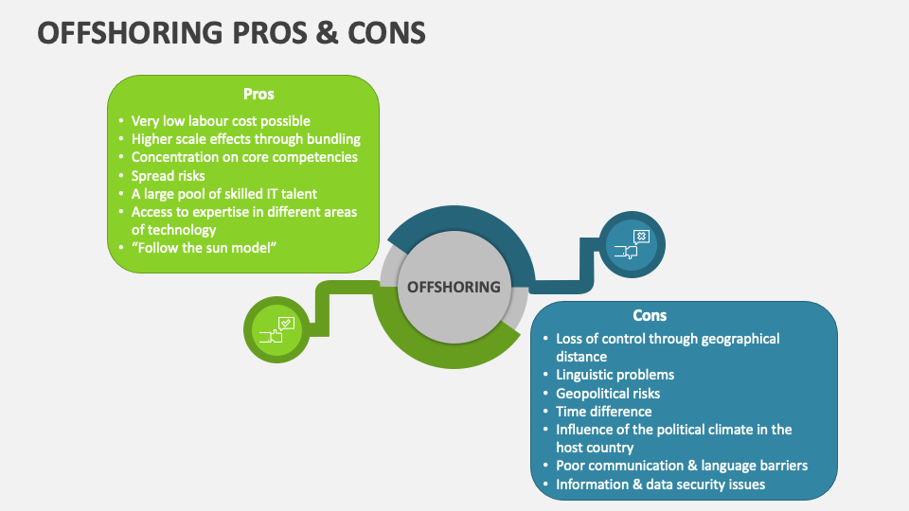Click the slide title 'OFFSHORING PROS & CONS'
(x=232, y=32)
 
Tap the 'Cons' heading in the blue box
(x=650, y=315)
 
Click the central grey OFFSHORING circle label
(x=454, y=287)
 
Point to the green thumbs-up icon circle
(x=276, y=329)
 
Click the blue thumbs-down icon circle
(x=632, y=244)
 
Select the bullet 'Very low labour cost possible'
(x=221, y=121)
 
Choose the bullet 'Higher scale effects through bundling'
(x=245, y=139)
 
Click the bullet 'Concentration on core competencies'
(x=244, y=157)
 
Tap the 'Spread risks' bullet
(x=168, y=175)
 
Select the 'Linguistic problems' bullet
(x=615, y=375)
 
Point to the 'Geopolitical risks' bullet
(x=608, y=393)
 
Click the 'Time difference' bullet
(x=603, y=411)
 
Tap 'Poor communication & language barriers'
(x=682, y=466)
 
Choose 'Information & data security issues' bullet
(x=660, y=484)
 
